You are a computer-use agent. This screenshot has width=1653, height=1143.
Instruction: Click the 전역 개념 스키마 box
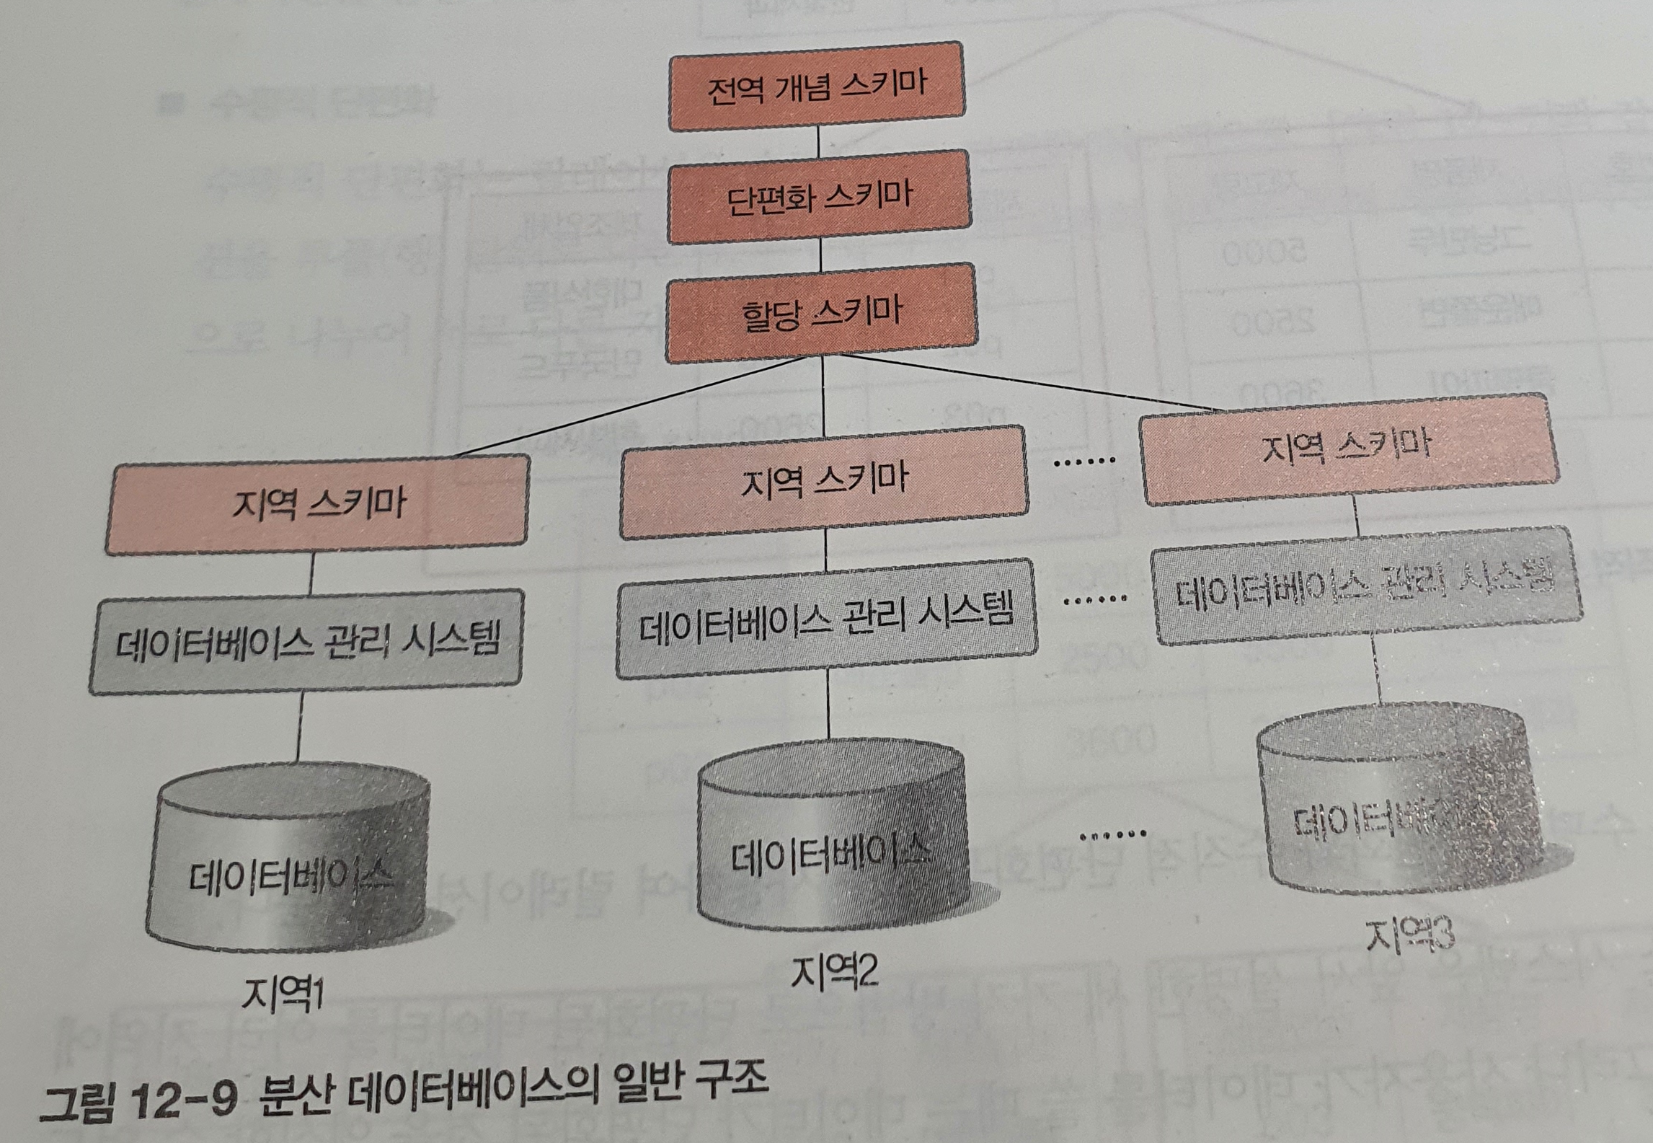coord(816,87)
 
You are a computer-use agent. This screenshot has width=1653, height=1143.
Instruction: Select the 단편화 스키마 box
coord(819,197)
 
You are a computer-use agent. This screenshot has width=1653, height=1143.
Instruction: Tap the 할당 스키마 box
coord(821,312)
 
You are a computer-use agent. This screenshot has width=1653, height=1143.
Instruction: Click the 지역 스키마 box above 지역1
coord(318,504)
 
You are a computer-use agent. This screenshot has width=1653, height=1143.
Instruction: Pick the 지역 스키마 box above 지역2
coord(824,481)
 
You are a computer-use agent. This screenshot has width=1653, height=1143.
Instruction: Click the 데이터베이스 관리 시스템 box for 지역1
coord(307,641)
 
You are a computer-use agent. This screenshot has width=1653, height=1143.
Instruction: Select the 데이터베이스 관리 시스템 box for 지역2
coord(826,619)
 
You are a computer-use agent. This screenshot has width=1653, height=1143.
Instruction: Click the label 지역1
coord(282,995)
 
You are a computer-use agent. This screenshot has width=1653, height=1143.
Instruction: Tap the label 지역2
coord(835,971)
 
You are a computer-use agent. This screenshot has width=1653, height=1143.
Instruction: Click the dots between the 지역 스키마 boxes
coord(1083,461)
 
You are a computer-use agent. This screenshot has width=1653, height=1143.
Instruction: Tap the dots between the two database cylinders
coord(1112,835)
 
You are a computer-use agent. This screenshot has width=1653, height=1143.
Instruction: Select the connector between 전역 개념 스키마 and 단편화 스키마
coord(818,141)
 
